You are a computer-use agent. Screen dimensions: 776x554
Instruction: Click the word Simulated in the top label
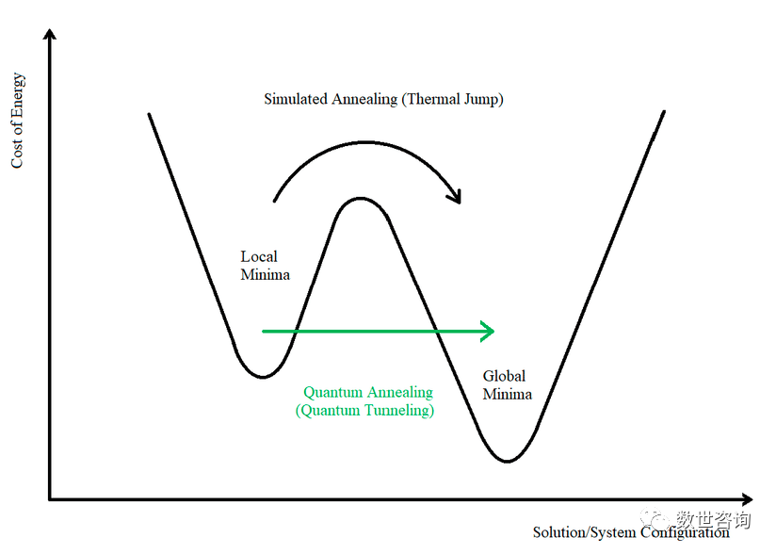(x=296, y=99)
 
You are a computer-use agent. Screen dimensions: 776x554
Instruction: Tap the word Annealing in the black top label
(x=364, y=99)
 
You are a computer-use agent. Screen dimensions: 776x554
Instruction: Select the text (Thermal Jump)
(x=452, y=99)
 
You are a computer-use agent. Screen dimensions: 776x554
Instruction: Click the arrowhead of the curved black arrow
(x=457, y=197)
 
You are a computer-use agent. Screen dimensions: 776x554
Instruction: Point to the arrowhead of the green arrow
(x=488, y=331)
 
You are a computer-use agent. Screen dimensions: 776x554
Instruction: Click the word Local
(x=259, y=256)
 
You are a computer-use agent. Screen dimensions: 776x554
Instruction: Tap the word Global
(x=504, y=376)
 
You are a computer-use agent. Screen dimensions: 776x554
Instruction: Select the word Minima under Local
(x=265, y=275)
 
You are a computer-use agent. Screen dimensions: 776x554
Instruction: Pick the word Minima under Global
(x=508, y=395)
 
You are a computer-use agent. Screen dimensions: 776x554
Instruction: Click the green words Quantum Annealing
(x=368, y=393)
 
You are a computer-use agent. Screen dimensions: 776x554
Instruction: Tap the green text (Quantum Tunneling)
(x=364, y=411)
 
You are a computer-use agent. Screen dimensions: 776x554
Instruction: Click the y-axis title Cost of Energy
(x=17, y=122)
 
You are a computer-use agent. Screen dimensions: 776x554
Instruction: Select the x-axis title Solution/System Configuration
(x=631, y=532)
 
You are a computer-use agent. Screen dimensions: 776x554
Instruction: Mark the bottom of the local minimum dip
(x=263, y=376)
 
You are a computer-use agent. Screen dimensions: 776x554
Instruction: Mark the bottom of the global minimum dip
(x=507, y=460)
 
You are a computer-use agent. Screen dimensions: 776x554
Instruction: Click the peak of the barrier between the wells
(x=359, y=199)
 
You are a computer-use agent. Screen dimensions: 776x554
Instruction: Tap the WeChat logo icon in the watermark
(x=657, y=519)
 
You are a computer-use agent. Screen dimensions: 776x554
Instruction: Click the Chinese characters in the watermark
(x=713, y=520)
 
